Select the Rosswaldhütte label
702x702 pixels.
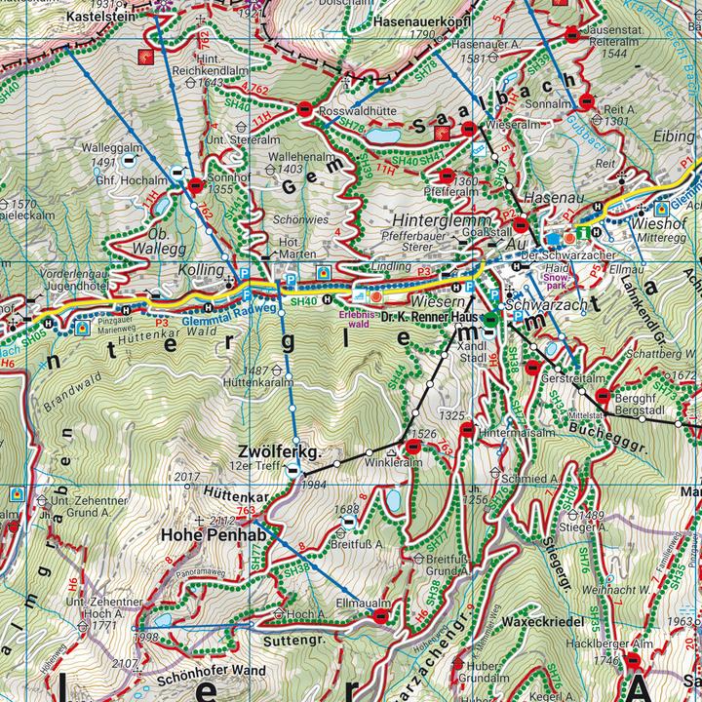[x=356, y=112]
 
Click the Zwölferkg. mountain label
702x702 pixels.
[x=279, y=451]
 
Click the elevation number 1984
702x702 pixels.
[x=313, y=485]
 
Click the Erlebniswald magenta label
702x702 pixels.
[x=354, y=320]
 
